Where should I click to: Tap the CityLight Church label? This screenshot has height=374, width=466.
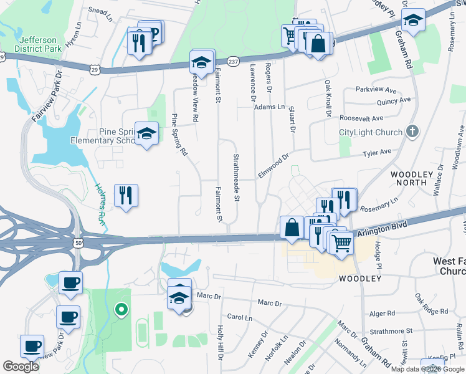(370, 132)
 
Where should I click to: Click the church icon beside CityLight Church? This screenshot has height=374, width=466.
(411, 132)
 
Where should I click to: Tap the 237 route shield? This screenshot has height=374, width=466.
(232, 60)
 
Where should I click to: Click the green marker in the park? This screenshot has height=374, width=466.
(123, 308)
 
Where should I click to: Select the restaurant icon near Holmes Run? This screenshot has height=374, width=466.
(126, 196)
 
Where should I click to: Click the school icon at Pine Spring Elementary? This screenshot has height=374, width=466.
(146, 134)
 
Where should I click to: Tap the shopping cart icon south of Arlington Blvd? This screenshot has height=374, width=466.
(341, 243)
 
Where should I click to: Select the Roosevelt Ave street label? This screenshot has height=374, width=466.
(361, 118)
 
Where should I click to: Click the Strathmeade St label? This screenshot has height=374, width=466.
(236, 178)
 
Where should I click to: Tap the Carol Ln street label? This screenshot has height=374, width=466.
(239, 317)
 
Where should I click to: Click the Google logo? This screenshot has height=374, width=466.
(21, 367)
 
